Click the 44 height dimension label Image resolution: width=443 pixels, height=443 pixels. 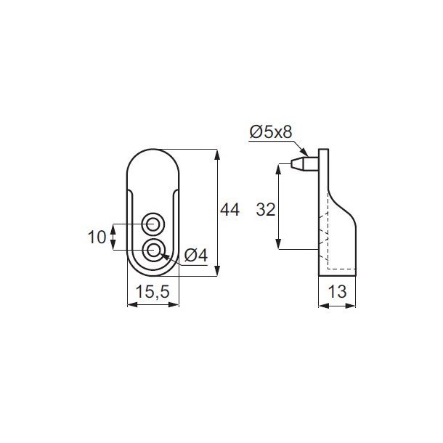[x=229, y=211]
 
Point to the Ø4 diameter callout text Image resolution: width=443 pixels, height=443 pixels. [x=196, y=256]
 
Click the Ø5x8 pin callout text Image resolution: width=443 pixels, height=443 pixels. [x=269, y=131]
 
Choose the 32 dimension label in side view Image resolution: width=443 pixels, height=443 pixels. [x=267, y=211]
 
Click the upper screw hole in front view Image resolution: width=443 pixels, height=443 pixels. [x=153, y=221]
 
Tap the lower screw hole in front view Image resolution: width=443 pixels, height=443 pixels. [x=153, y=251]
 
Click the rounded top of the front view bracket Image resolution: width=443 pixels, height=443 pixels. [x=153, y=154]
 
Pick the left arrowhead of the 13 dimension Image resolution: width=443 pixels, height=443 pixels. [x=321, y=305]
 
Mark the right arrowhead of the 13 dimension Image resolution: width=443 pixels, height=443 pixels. [x=355, y=305]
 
